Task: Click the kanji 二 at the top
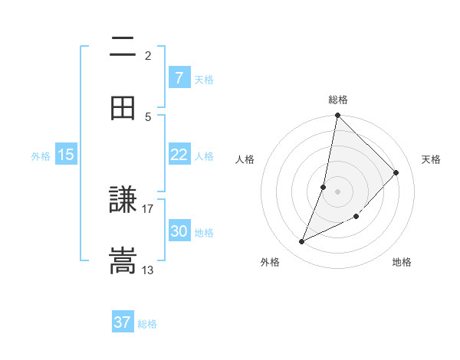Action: pos(123,47)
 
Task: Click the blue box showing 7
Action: pos(179,77)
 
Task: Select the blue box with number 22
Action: pos(179,155)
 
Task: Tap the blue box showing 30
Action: pos(179,231)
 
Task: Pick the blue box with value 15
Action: pos(66,155)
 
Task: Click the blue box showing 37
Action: pos(123,322)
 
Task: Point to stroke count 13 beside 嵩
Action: pos(148,270)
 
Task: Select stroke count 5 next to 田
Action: pos(148,116)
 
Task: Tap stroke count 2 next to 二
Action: pos(148,55)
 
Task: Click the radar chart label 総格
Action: pos(338,100)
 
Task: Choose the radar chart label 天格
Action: pos(431,159)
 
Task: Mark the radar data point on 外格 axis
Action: pos(302,242)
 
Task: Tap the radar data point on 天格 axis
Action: pos(396,172)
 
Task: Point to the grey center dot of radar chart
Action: pos(338,191)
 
